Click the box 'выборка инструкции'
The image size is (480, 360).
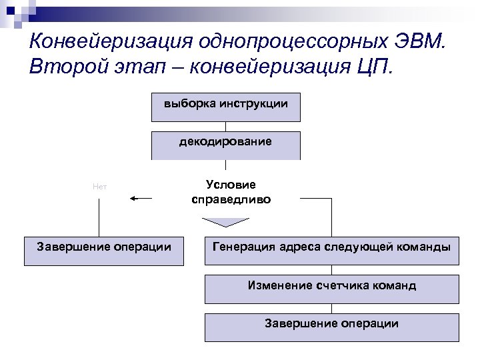(225, 107)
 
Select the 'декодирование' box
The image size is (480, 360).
(225, 145)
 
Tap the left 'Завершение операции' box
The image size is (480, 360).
(104, 251)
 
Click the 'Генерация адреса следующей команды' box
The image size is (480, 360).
(331, 251)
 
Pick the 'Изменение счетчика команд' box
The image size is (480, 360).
(331, 289)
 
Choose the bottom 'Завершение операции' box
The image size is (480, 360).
(331, 327)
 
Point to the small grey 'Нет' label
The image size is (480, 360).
(100, 187)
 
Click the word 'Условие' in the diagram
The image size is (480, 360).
(231, 185)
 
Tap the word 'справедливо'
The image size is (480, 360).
(231, 199)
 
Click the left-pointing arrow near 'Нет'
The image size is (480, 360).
(141, 198)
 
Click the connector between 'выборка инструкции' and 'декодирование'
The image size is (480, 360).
(225, 126)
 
